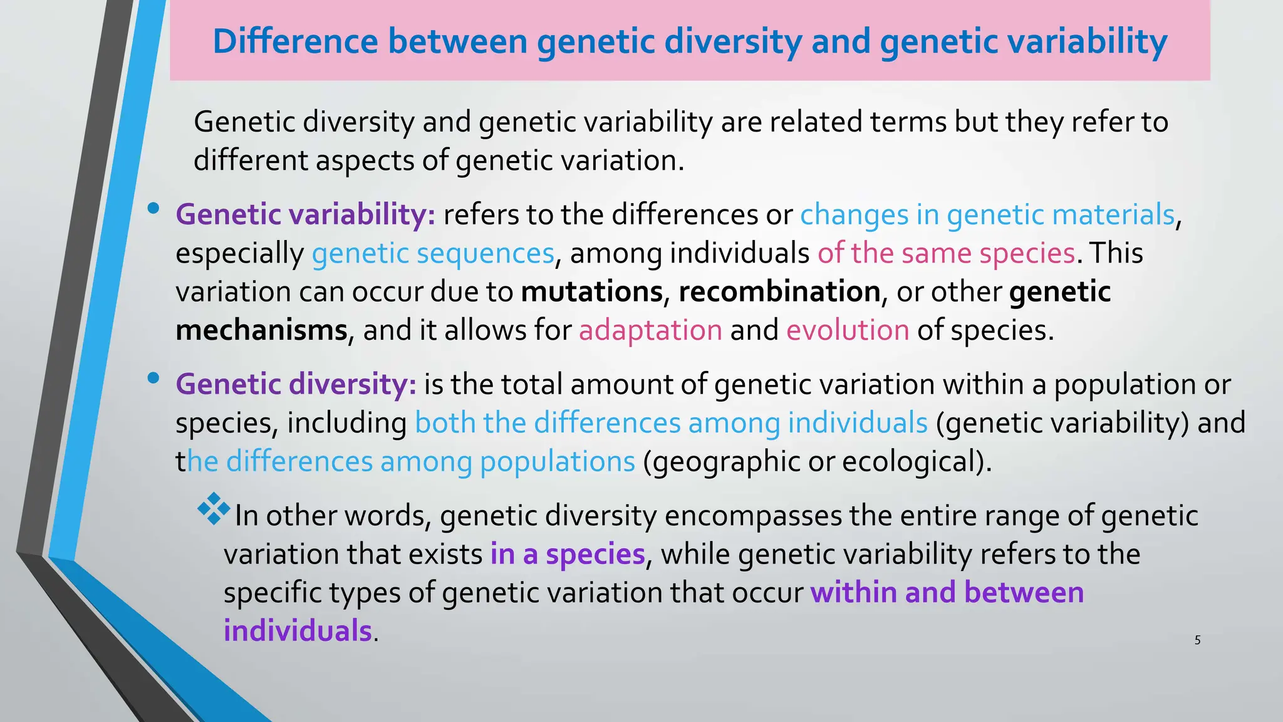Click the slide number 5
[1197, 640]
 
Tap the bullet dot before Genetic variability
[153, 209]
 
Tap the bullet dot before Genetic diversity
[153, 378]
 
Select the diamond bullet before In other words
[214, 509]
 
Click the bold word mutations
[591, 292]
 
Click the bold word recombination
[779, 292]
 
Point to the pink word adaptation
[650, 330]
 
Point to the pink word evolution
[848, 330]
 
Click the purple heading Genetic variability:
[305, 215]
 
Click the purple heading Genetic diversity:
[296, 384]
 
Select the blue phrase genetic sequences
[433, 254]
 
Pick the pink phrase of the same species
[946, 254]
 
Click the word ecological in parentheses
[912, 462]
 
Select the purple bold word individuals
[298, 630]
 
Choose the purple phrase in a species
[567, 555]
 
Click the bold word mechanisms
[261, 330]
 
